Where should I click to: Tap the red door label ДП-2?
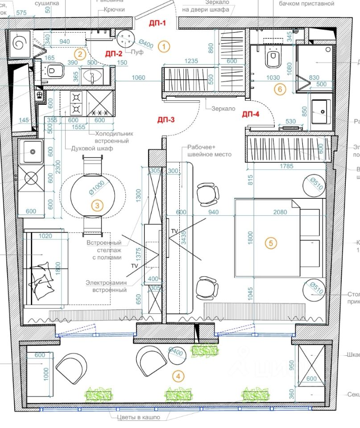[114, 53]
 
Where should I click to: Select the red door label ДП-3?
[166, 119]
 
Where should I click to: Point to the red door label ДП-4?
[250, 114]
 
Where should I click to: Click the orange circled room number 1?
[165, 45]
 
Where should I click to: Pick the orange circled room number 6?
[280, 89]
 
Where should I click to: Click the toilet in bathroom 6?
[273, 58]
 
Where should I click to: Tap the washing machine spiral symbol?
[20, 44]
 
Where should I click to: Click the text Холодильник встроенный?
[114, 137]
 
